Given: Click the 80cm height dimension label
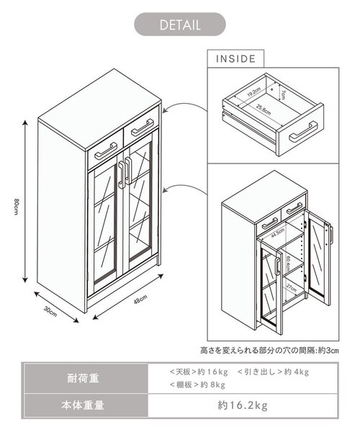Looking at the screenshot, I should [16, 205].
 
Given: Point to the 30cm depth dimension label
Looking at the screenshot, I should [50, 311].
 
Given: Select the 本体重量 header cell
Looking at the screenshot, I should [86, 405].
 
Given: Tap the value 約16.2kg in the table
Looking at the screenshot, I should [243, 405].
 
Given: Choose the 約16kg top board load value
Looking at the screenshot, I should [214, 372].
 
